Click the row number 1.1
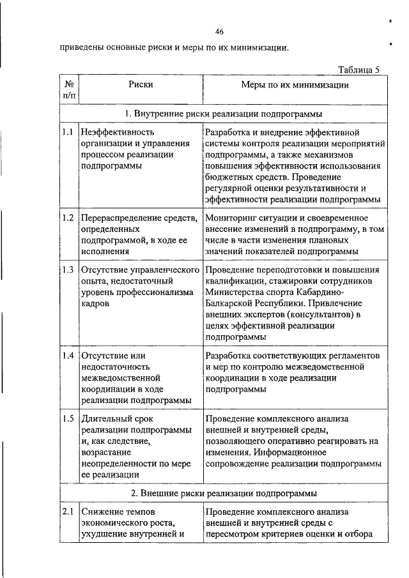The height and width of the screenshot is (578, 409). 68,132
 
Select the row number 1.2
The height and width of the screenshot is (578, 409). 68,218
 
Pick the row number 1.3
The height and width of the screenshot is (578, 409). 68,270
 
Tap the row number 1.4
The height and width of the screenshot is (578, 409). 68,355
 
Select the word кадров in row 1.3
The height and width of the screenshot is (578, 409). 95,304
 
